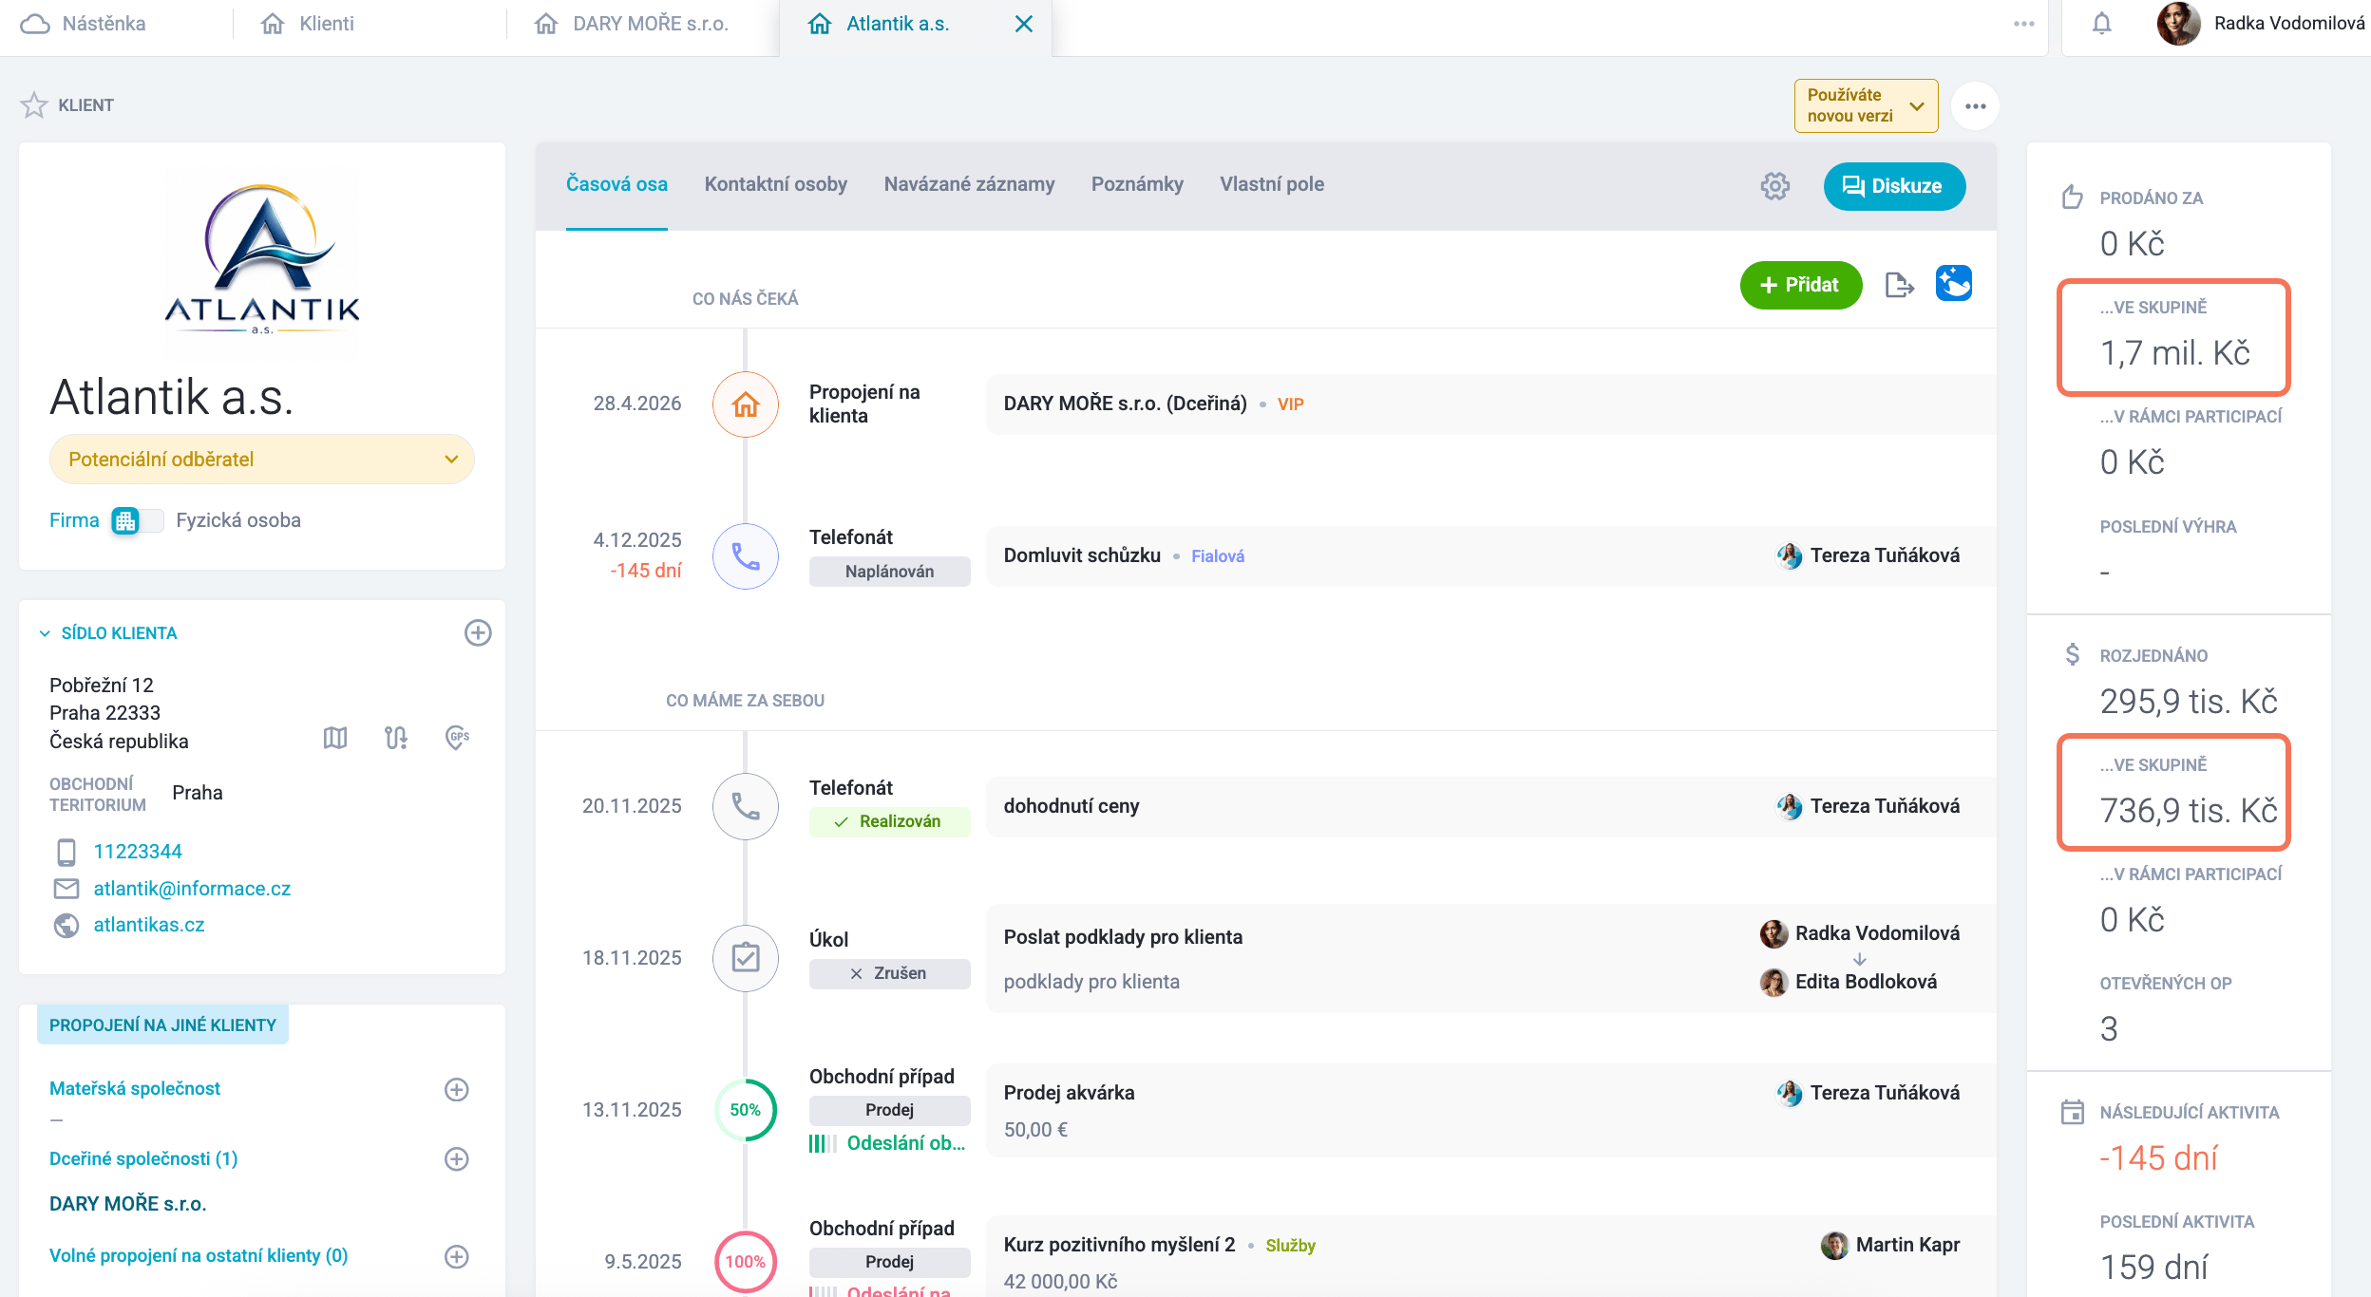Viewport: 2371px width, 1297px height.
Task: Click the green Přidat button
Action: [1800, 285]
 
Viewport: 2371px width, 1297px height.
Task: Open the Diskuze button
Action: [1894, 186]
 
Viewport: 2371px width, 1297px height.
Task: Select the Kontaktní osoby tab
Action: [775, 184]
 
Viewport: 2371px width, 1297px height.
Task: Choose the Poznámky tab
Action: [1137, 184]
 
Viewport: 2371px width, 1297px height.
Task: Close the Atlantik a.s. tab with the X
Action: [1023, 24]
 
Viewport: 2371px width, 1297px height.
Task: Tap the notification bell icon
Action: [2101, 24]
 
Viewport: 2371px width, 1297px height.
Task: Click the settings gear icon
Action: [1774, 186]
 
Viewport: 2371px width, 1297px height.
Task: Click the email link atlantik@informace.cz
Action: [192, 889]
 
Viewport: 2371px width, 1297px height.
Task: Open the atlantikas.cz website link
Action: [149, 925]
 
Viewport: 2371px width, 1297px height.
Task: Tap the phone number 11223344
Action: [138, 852]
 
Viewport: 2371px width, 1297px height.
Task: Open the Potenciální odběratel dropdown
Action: [261, 460]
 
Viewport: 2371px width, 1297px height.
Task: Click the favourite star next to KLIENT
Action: [34, 104]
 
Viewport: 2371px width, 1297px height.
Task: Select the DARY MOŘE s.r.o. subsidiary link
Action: [128, 1204]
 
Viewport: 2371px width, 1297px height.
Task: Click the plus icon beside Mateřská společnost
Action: [457, 1089]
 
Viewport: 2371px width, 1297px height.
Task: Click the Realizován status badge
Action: [889, 821]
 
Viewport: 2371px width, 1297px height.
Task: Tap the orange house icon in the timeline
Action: [746, 404]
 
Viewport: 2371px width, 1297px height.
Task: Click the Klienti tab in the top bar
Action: [308, 24]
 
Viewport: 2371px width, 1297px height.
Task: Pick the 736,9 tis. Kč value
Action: [2189, 811]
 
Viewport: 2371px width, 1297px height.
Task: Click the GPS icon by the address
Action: [458, 738]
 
